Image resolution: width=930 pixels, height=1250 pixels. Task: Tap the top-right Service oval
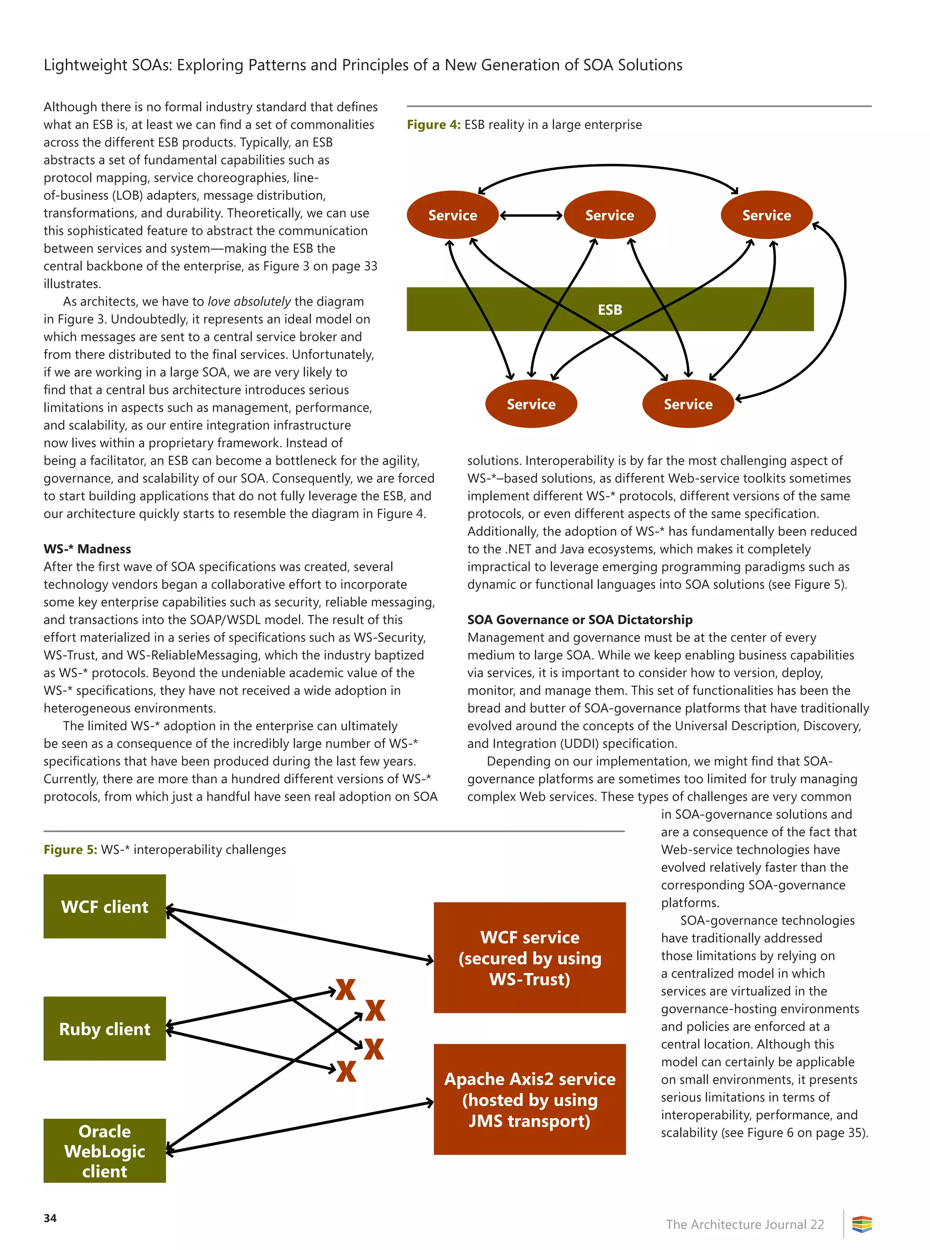(766, 215)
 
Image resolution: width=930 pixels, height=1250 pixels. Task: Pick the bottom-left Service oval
(531, 404)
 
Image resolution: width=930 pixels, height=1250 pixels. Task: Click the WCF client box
(105, 906)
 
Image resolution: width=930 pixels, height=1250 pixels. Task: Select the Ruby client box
(105, 1028)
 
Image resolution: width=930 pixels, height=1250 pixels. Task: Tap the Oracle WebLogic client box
(105, 1151)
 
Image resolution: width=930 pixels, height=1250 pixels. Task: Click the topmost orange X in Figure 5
(346, 989)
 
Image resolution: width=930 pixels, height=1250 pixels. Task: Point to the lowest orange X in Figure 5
(346, 1071)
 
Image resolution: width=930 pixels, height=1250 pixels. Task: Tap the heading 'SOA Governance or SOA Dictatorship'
(580, 620)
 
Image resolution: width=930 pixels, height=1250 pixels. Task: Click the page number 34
(50, 1218)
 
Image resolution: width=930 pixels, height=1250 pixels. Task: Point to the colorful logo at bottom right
(861, 1224)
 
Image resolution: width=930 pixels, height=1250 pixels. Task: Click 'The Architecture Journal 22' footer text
(745, 1224)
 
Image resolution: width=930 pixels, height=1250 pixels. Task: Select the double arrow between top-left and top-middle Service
(531, 215)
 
